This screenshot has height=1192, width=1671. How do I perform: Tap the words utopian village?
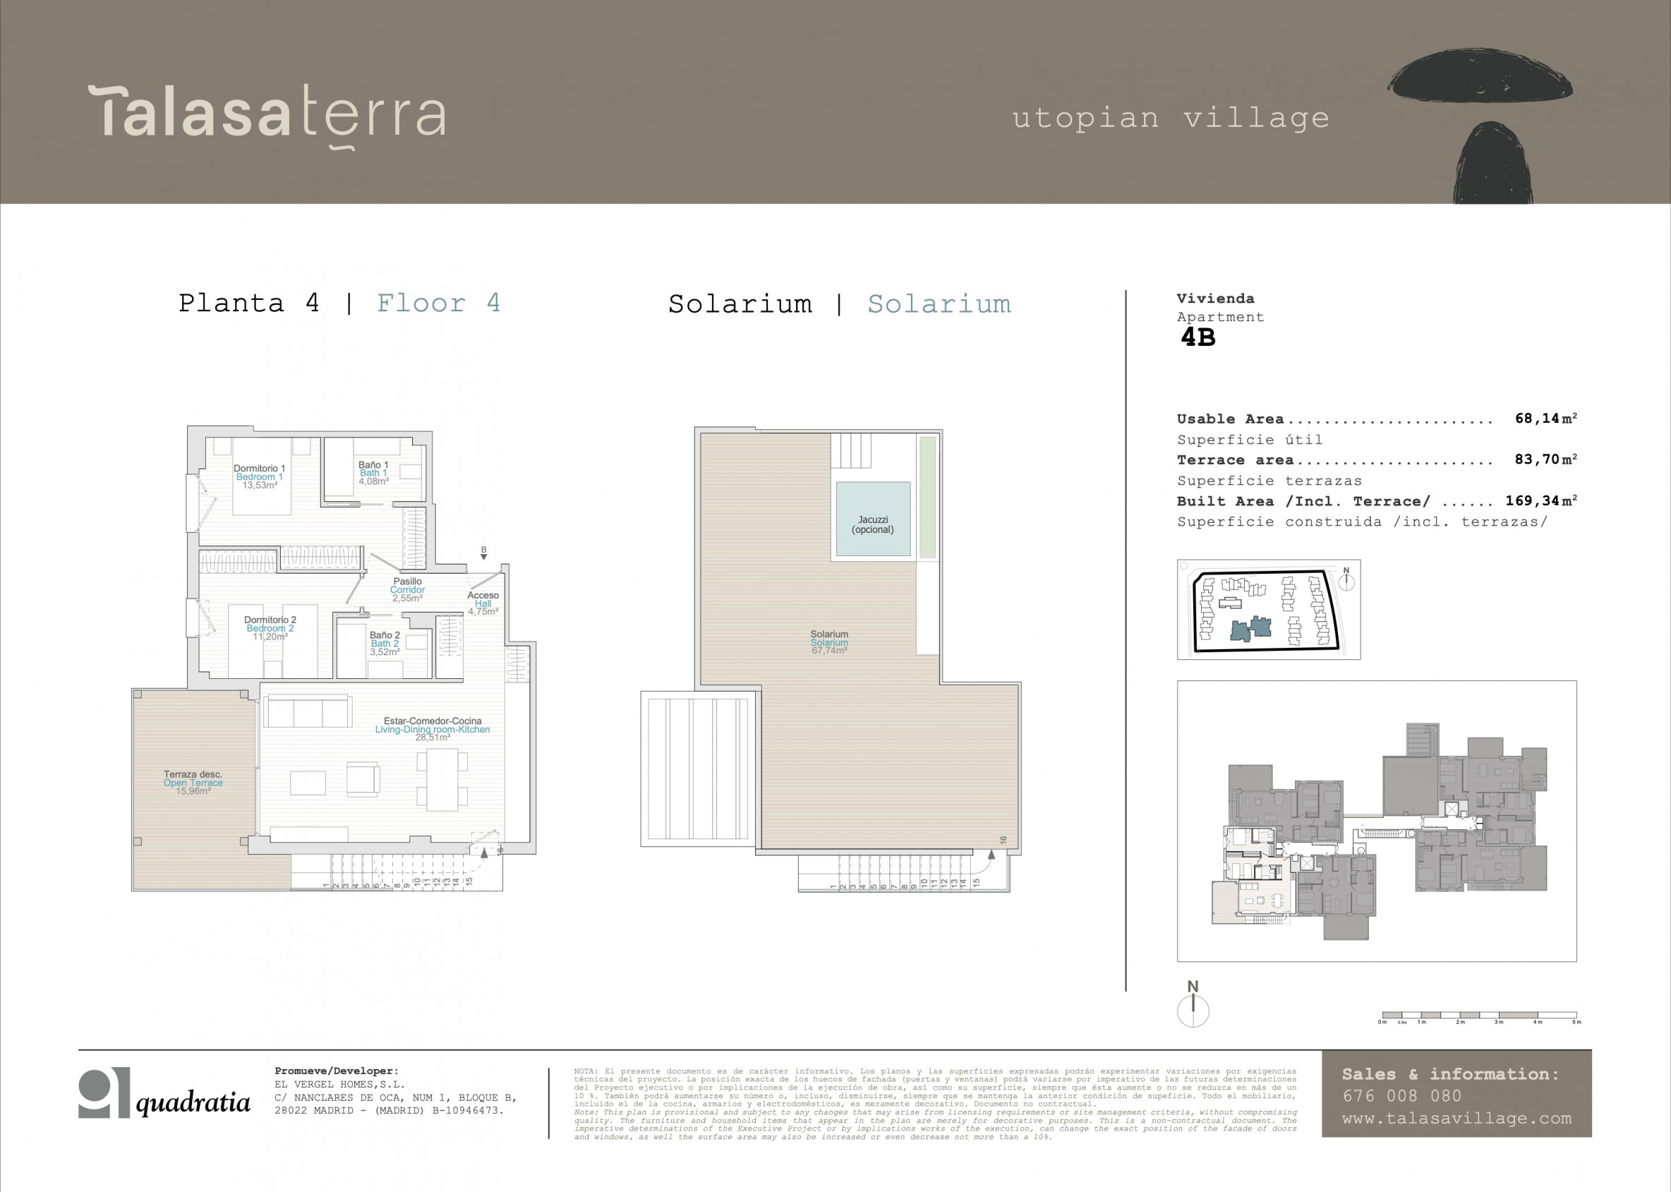pos(1171,118)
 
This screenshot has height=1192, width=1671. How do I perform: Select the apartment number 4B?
pos(1198,337)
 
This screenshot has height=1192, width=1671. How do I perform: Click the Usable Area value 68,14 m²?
pos(1545,419)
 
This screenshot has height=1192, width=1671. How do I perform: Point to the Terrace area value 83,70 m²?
pos(1545,459)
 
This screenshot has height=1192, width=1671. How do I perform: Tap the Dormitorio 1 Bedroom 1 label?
pos(259,476)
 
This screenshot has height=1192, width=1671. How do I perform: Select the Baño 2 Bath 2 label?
pos(385,643)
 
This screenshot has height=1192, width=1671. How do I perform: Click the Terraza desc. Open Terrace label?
pos(193,783)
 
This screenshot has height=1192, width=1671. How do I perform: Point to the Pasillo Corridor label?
pos(407,589)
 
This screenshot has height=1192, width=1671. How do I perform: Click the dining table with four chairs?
pos(442,778)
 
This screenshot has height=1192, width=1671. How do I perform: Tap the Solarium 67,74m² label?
pos(829,642)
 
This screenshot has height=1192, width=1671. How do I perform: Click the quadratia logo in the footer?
pos(164,1094)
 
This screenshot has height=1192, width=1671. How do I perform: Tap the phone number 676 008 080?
pos(1402,1096)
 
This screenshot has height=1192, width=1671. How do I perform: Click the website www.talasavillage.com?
pos(1456,1119)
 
